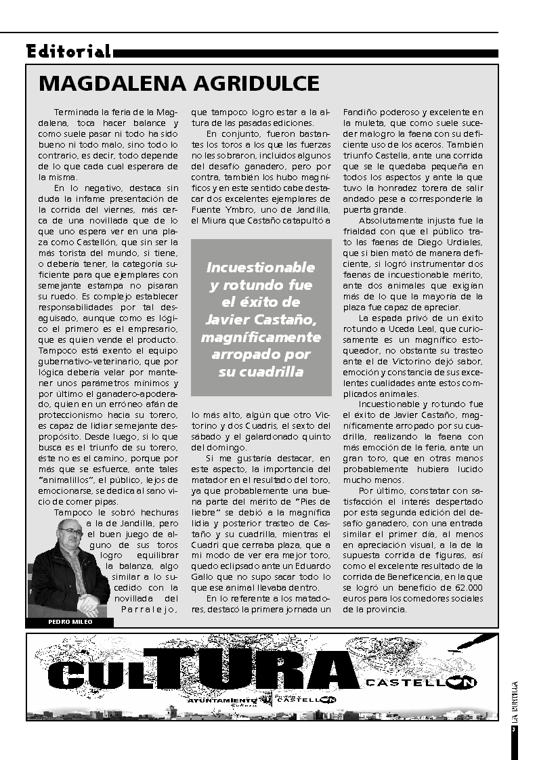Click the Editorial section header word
[x=68, y=51]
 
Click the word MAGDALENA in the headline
[x=106, y=83]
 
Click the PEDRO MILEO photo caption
[x=70, y=622]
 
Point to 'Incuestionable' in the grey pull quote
[x=261, y=267]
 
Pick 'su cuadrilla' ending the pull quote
[x=261, y=372]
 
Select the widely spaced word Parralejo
[x=150, y=609]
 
